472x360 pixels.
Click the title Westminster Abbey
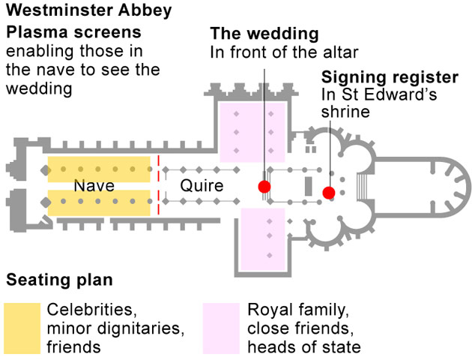coord(88,11)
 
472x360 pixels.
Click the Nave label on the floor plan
coord(94,185)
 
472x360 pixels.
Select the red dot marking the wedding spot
coord(264,187)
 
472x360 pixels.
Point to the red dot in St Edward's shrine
coord(328,193)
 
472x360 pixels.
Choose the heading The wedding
coord(264,34)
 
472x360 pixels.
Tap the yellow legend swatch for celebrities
coord(21,328)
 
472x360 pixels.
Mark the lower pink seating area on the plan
coord(262,240)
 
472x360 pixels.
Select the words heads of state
coord(303,346)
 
